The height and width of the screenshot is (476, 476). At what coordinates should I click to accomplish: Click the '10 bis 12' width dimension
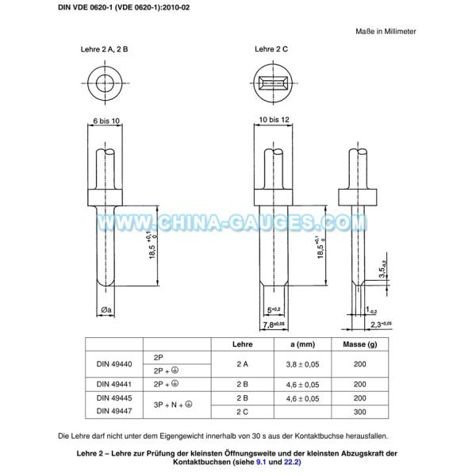pyautogui.click(x=274, y=120)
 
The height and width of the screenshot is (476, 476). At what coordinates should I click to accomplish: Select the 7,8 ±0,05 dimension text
pyautogui.click(x=274, y=324)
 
